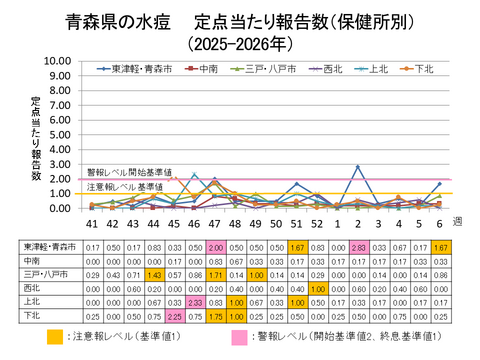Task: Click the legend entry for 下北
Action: coord(425,68)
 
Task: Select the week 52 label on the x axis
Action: coord(316,224)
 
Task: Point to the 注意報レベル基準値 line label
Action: coord(124,187)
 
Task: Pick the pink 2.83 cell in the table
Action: coord(358,246)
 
